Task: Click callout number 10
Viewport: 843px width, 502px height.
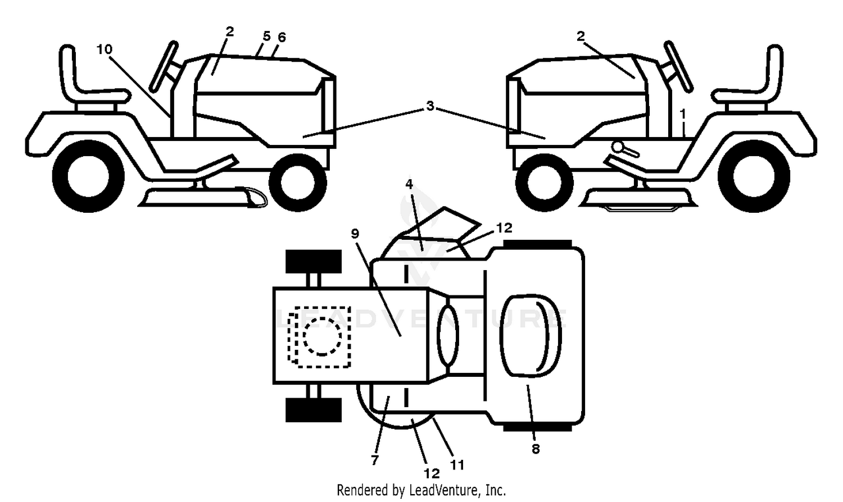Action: point(104,49)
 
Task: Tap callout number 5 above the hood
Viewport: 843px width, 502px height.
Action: point(266,36)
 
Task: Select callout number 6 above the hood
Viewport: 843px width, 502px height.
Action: point(282,37)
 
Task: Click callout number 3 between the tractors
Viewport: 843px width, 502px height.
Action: point(430,106)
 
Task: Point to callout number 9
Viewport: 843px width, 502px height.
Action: point(355,234)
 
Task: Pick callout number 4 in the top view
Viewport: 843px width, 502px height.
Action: point(409,184)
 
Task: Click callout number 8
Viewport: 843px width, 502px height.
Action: point(536,449)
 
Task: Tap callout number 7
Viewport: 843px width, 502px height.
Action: point(374,459)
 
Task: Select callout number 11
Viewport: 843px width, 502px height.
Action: point(457,465)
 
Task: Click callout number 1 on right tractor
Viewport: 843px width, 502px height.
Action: point(683,114)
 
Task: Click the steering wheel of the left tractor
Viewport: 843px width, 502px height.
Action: point(164,67)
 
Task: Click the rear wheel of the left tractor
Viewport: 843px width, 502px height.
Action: point(88,176)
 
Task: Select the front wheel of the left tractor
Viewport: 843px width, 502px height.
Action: point(298,183)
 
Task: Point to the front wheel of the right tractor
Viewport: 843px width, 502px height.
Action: point(544,183)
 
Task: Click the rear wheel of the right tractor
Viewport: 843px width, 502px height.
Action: point(754,176)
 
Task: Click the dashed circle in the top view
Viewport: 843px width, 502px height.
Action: point(322,336)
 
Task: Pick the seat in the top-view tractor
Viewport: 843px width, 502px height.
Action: point(531,335)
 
